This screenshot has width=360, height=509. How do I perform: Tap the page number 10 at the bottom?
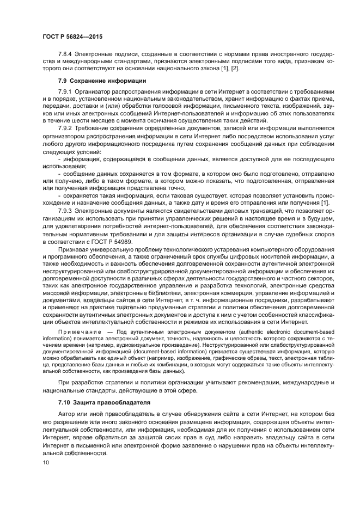[46, 462]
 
